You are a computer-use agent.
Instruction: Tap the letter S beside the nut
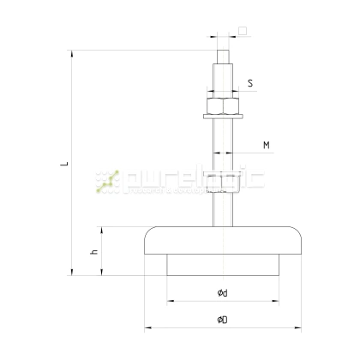pos(249,83)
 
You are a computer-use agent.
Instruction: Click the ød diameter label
pos(221,294)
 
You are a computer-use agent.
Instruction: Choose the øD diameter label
pos(221,320)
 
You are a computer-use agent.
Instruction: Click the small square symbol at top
pos(243,31)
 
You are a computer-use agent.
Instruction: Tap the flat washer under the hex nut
pos(221,116)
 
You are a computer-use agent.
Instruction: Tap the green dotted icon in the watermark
pos(107,178)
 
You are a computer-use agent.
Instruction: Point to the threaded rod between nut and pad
pos(221,171)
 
